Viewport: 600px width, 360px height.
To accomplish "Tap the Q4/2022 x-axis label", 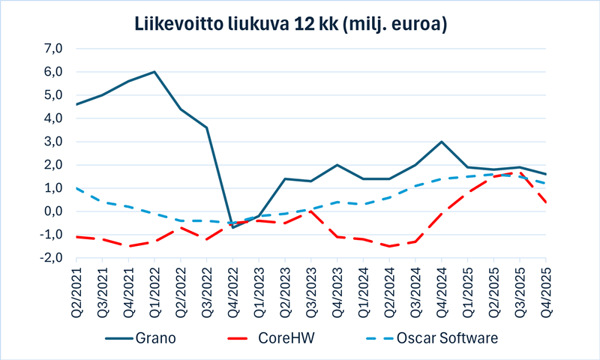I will (232, 292).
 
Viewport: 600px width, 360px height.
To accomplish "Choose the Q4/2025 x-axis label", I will (545, 292).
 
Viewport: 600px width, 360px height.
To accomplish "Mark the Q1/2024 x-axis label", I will (363, 292).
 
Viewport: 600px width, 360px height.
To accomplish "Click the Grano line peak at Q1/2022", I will (154, 72).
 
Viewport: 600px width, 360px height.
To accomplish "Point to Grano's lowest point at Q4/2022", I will (232, 227).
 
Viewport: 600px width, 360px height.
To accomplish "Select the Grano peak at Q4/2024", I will (441, 142).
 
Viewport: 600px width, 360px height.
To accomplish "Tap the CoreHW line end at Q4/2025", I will (545, 202).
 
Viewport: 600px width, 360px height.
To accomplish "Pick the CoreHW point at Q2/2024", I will (388, 246).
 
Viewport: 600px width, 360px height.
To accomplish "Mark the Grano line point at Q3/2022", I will (206, 127).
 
